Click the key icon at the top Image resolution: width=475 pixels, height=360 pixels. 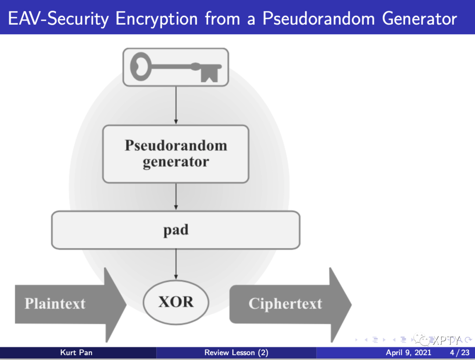(175, 67)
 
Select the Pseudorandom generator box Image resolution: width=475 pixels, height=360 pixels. (175, 154)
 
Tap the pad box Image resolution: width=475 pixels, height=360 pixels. (175, 230)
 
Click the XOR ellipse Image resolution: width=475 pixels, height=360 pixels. (175, 302)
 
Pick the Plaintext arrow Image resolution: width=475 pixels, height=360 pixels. (66, 304)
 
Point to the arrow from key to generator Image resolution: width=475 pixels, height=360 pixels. (176, 105)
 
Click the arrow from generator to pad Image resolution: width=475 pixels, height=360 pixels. (176, 196)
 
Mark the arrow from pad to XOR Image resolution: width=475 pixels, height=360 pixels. (176, 264)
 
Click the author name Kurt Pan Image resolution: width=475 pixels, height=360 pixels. (76, 353)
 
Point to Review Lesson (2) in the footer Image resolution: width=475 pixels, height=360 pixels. (236, 353)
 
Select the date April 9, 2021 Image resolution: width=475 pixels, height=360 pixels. (409, 353)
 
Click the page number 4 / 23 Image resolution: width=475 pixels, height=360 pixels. (460, 353)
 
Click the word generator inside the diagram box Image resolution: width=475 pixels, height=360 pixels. (175, 162)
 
